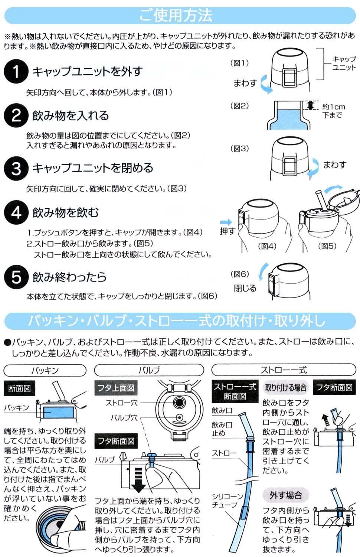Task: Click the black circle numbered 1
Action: [x=16, y=71]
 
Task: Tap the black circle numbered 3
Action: [x=16, y=168]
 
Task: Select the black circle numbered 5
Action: [x=16, y=277]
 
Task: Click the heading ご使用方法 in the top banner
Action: [x=176, y=16]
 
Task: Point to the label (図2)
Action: [x=239, y=106]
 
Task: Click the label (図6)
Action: [x=240, y=274]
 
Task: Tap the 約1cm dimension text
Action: [x=334, y=107]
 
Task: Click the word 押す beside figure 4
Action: [x=228, y=231]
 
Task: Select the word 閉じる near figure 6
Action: [x=245, y=288]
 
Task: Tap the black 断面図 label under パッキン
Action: [x=19, y=388]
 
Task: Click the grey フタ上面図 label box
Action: [x=116, y=388]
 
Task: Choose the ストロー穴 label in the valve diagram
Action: [x=121, y=403]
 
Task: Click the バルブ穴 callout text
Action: [x=124, y=418]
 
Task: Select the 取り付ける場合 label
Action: [x=286, y=387]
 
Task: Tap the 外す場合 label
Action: [x=286, y=495]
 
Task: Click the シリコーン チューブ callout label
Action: [x=228, y=501]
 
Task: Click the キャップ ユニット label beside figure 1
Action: [x=344, y=63]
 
